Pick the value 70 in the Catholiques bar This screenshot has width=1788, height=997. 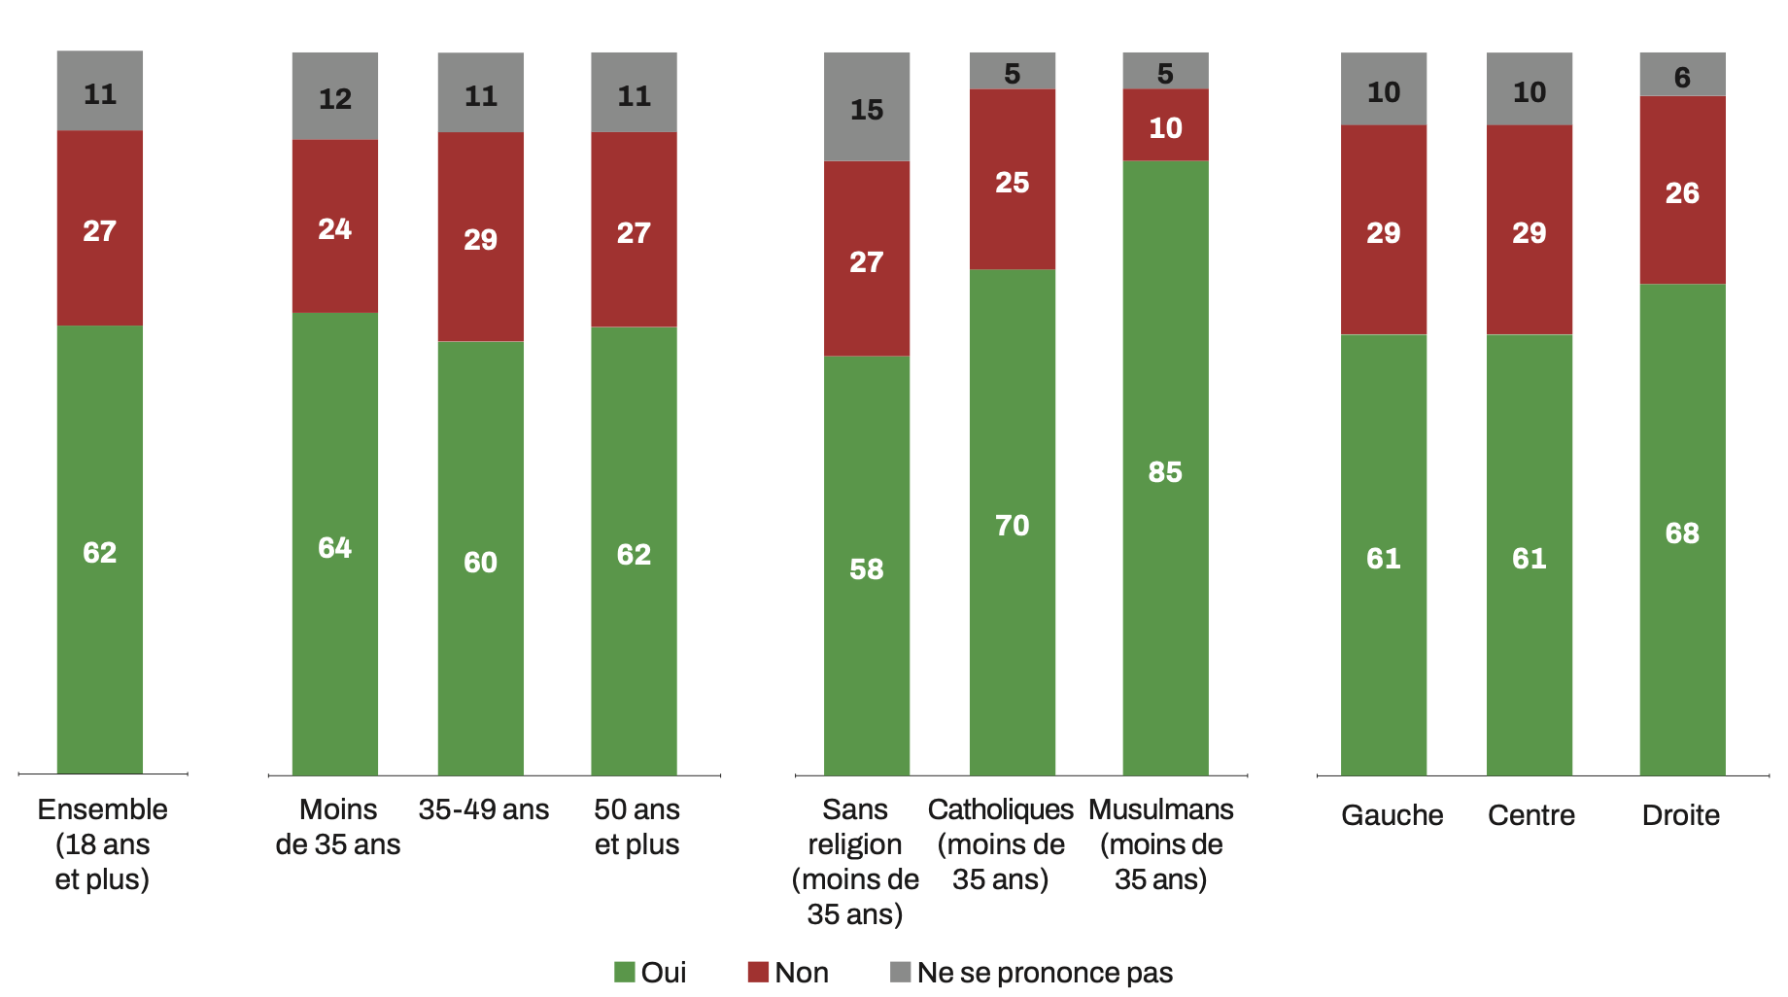pos(1012,526)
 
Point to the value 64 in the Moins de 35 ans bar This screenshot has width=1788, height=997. pos(334,548)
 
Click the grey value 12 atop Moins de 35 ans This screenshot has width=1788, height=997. pos(334,98)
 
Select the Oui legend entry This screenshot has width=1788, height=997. pos(650,972)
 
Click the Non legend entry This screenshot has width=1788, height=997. pos(788,972)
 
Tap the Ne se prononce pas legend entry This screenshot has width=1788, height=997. pos(1031,972)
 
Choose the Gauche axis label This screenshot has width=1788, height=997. pos(1392,814)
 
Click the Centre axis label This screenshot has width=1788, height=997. pos(1530,814)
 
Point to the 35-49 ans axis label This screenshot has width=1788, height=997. pos(483,808)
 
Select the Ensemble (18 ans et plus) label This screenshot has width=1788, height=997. pos(102,843)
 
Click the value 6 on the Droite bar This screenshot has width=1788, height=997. pos(1682,77)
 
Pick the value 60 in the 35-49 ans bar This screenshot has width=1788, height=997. pos(480,562)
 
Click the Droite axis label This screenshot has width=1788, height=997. pos(1680,814)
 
